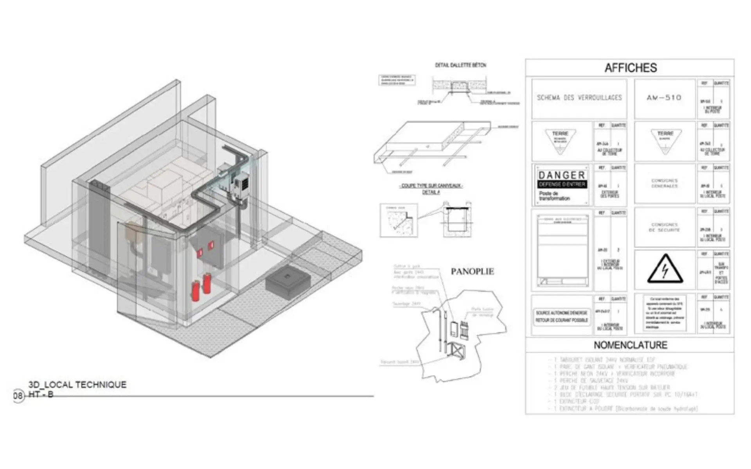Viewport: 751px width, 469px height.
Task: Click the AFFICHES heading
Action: click(631, 68)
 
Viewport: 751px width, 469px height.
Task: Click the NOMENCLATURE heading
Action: click(631, 345)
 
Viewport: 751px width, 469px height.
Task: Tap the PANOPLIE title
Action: click(472, 272)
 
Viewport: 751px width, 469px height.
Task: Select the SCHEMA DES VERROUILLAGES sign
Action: click(579, 98)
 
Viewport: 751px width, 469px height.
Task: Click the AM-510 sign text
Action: click(664, 98)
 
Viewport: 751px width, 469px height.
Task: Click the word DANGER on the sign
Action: click(562, 175)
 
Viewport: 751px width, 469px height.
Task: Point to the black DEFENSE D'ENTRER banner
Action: click(562, 184)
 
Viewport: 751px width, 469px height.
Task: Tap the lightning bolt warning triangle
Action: click(665, 270)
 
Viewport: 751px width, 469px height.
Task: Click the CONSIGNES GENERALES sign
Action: click(665, 183)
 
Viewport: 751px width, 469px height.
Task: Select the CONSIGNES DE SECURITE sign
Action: click(665, 227)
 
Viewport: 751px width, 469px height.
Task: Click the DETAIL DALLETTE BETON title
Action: click(460, 65)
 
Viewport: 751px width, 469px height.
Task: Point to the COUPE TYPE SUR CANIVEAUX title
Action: click(431, 186)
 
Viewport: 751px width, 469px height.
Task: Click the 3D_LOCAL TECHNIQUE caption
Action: click(77, 385)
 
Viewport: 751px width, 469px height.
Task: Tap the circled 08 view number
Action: click(18, 396)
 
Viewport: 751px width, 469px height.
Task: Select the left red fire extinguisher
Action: click(195, 291)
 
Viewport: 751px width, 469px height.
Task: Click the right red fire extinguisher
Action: click(207, 283)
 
